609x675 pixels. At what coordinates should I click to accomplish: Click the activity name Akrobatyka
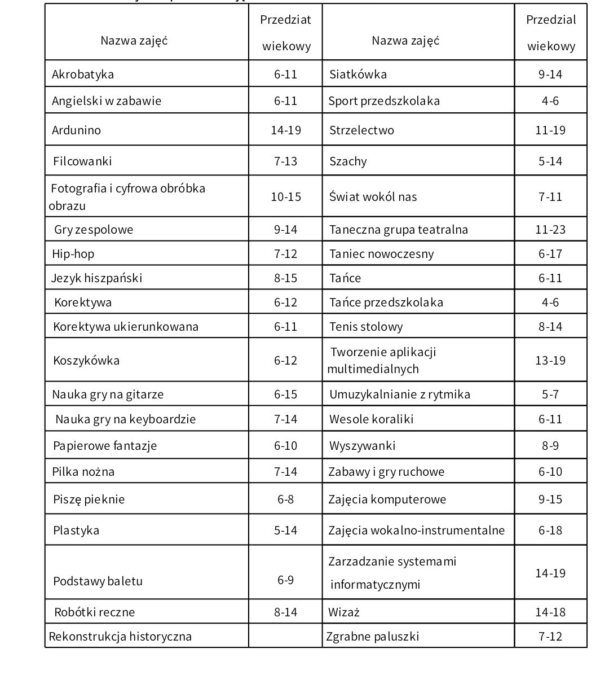point(83,74)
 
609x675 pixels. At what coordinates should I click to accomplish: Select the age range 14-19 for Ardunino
point(285,130)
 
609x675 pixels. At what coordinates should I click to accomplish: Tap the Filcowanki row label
point(82,161)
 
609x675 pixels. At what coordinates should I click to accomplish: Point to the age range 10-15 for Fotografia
point(285,196)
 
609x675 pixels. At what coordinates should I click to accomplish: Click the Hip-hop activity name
point(73,253)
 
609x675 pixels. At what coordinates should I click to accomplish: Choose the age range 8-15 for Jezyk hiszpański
point(285,278)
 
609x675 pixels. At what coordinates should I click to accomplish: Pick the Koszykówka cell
point(86,360)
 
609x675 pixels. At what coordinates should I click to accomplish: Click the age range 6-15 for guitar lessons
point(285,394)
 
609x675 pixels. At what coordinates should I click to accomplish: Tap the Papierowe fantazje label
point(105,445)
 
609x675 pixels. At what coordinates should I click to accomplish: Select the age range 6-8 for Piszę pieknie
point(285,499)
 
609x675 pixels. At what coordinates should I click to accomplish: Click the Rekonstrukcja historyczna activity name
point(120,636)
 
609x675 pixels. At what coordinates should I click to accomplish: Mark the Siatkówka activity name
point(358,74)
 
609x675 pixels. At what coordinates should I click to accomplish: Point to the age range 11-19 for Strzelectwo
point(550,130)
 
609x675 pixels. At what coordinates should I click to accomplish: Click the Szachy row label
point(348,161)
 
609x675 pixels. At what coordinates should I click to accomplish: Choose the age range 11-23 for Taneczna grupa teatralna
point(550,229)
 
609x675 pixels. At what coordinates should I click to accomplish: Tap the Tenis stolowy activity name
point(366,326)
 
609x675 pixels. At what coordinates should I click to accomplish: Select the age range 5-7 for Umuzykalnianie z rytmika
point(550,394)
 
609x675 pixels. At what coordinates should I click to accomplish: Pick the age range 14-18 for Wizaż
point(550,612)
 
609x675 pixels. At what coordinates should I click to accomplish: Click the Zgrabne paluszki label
point(373,636)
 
